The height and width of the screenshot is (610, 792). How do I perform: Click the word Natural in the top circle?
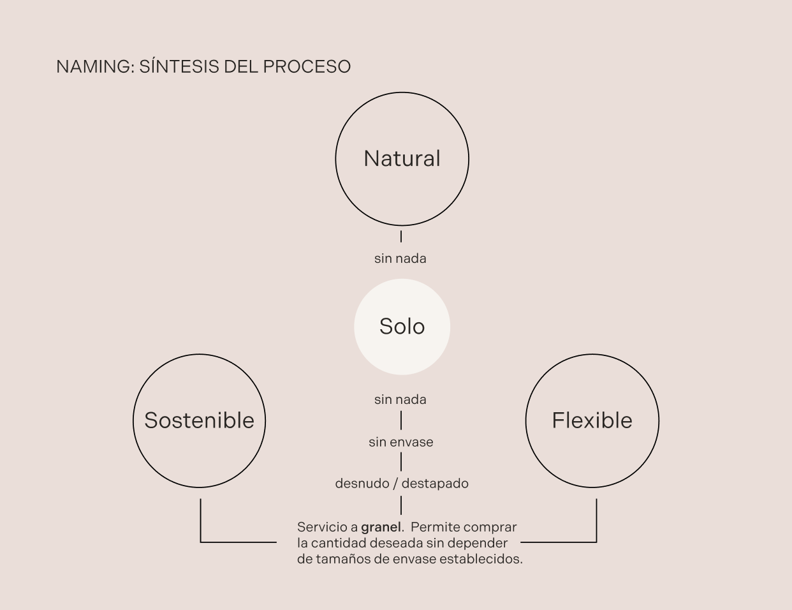[x=402, y=158]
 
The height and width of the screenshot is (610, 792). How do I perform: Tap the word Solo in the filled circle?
[x=402, y=327]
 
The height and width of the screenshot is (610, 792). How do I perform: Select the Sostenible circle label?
[x=199, y=420]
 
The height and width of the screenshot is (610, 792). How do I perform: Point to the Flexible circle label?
[x=592, y=420]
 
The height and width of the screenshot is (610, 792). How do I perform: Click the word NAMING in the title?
[x=94, y=66]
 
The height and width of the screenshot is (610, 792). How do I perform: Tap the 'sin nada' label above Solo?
[x=400, y=258]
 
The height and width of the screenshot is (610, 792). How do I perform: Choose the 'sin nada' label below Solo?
[x=400, y=399]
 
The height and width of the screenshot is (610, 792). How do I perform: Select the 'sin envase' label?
[x=400, y=442]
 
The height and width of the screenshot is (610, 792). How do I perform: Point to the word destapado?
[x=435, y=484]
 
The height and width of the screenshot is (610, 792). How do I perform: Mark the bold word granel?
[x=381, y=527]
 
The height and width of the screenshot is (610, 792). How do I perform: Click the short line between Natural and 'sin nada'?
[x=400, y=237]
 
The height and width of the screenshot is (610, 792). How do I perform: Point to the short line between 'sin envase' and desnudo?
[x=400, y=462]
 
